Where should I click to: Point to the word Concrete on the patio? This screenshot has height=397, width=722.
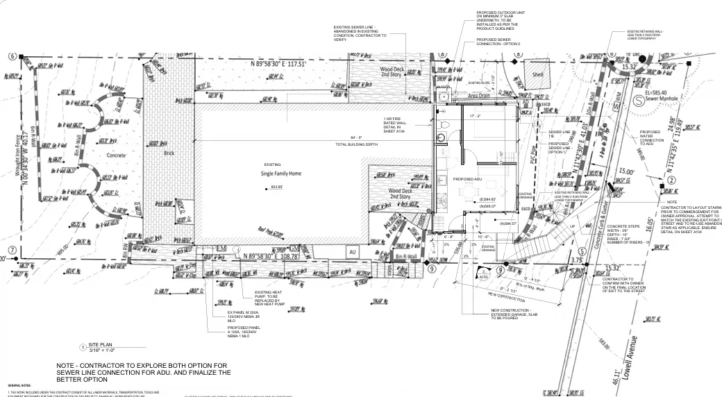click(x=116, y=155)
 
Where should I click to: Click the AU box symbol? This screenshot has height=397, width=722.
click(x=352, y=251)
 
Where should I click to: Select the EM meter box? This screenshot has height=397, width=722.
click(x=222, y=248)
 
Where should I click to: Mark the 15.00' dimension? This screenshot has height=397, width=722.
click(x=627, y=171)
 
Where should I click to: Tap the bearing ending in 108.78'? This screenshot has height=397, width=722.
click(x=272, y=256)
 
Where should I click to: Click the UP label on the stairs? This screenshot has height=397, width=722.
click(x=573, y=227)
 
